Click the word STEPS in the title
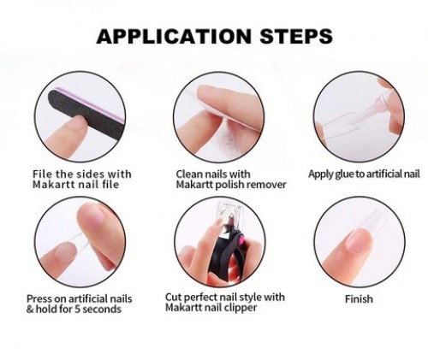pyautogui.click(x=294, y=37)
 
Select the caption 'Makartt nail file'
pyautogui.click(x=78, y=186)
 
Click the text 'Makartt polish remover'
pyautogui.click(x=224, y=186)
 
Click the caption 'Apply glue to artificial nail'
pyautogui.click(x=364, y=174)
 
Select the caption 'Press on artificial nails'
pyautogui.click(x=79, y=298)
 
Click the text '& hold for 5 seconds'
pyautogui.click(x=74, y=310)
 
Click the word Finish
pyautogui.click(x=359, y=299)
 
